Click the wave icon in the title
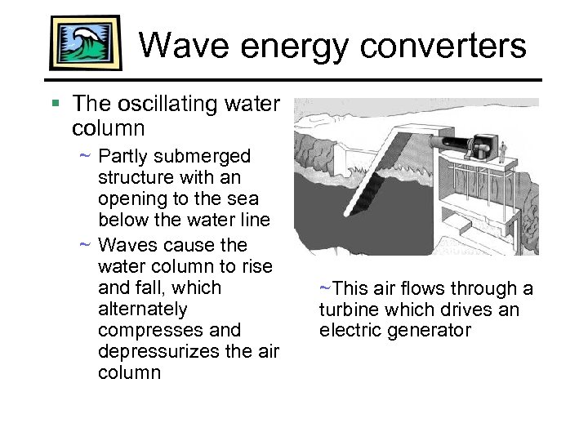point(85,42)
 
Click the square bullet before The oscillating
point(55,104)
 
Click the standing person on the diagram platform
point(504,151)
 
